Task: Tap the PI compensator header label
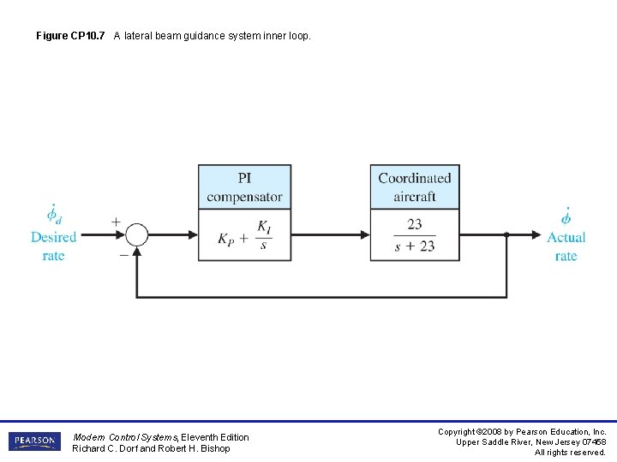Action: pyautogui.click(x=244, y=187)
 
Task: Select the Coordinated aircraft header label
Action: pyautogui.click(x=415, y=187)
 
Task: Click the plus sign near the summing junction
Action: pyautogui.click(x=116, y=221)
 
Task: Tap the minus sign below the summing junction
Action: pyautogui.click(x=123, y=254)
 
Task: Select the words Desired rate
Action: pyautogui.click(x=53, y=246)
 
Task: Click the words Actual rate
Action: pyautogui.click(x=566, y=246)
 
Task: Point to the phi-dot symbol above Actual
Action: pyautogui.click(x=566, y=215)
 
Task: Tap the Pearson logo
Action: pyautogui.click(x=35, y=441)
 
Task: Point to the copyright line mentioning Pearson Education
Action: pyautogui.click(x=522, y=432)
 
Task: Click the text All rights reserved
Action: pyautogui.click(x=570, y=453)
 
